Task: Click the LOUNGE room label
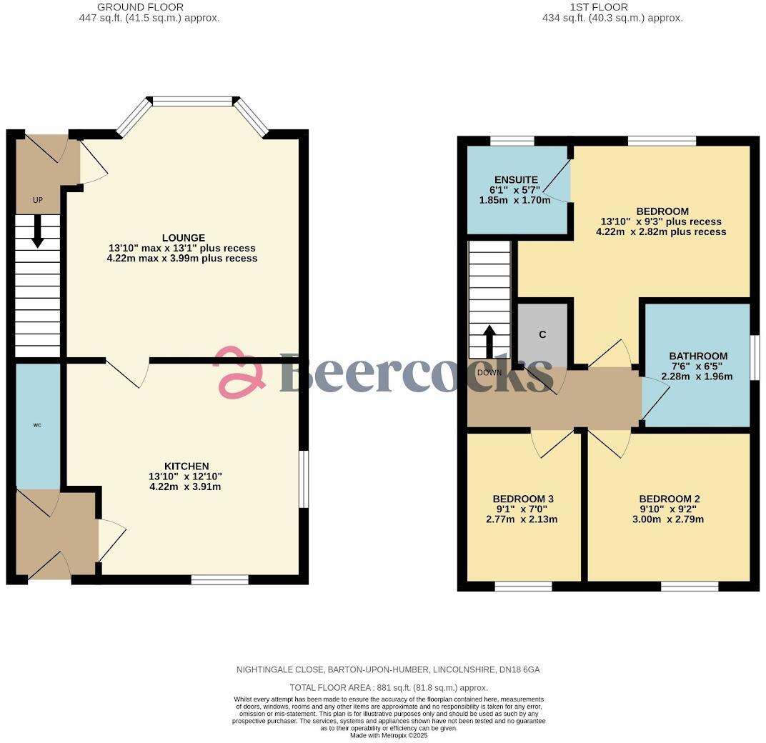(x=183, y=238)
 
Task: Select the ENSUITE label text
(x=515, y=179)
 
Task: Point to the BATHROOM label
(x=697, y=356)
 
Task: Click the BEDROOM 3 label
(x=523, y=499)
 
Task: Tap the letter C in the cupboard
(x=542, y=334)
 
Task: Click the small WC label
(x=37, y=425)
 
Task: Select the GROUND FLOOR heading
(x=149, y=7)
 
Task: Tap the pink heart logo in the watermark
(x=240, y=372)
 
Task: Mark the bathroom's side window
(x=755, y=358)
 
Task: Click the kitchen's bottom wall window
(x=220, y=579)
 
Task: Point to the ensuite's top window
(x=512, y=141)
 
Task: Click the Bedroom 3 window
(x=523, y=587)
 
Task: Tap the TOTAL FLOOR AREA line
(x=383, y=687)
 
